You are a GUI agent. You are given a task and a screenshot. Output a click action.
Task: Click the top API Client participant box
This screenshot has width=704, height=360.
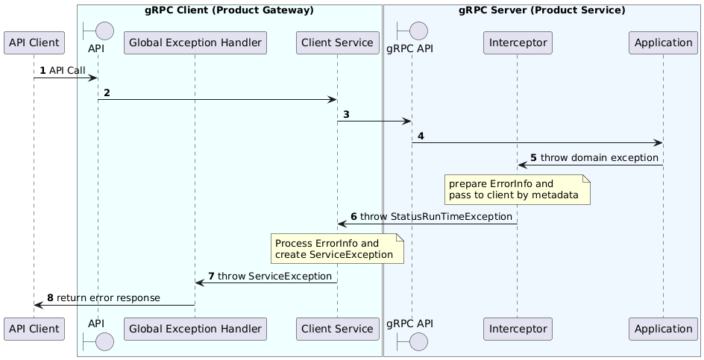pos(34,42)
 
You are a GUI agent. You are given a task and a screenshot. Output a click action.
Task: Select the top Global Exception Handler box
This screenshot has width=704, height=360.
pos(195,42)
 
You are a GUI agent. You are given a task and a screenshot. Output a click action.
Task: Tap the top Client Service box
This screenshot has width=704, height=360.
pos(337,42)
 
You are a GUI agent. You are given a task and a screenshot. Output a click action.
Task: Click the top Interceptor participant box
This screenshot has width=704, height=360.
pos(518,42)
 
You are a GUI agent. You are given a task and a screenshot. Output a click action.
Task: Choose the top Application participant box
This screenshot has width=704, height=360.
pos(663,42)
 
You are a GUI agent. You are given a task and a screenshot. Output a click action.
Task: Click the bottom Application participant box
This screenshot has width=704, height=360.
pos(663,329)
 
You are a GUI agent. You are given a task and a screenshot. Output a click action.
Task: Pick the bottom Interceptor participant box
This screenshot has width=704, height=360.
pos(518,329)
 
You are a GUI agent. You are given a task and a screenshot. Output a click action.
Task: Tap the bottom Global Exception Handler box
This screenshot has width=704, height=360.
pos(195,329)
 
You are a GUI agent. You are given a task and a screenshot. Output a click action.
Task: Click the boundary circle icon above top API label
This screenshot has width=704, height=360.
pos(98,31)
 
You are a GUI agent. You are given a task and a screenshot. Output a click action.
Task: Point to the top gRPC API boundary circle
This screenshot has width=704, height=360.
pos(412,31)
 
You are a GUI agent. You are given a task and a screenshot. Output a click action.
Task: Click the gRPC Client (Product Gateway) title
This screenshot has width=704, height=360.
pos(229,10)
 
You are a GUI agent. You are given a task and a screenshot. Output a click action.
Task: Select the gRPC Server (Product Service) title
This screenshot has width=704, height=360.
pos(542,10)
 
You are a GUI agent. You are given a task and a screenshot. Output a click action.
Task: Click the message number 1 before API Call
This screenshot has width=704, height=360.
pos(43,71)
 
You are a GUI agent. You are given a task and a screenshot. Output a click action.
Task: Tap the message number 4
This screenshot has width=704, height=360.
pos(421,136)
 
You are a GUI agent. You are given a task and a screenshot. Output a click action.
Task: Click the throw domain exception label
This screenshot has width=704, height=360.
pos(600,157)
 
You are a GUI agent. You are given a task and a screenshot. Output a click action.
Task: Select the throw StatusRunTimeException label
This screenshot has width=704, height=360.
pos(436,217)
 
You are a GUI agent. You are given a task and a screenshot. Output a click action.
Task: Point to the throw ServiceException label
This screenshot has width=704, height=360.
pos(274,276)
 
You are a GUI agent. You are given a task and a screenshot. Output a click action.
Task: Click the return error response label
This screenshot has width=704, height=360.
pos(108,298)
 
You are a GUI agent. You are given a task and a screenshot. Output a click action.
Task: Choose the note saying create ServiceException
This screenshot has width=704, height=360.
pos(337,249)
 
